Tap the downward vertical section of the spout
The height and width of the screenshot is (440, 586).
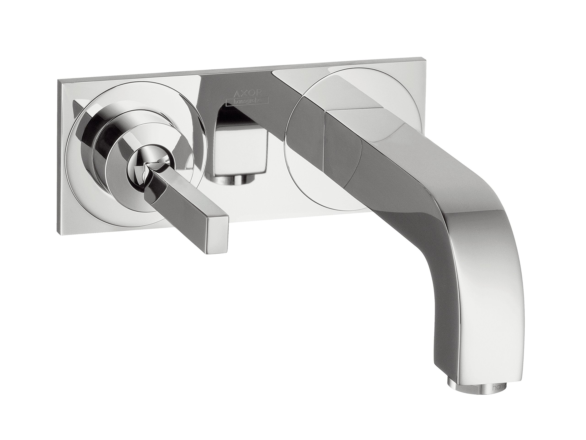click(x=477, y=318)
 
